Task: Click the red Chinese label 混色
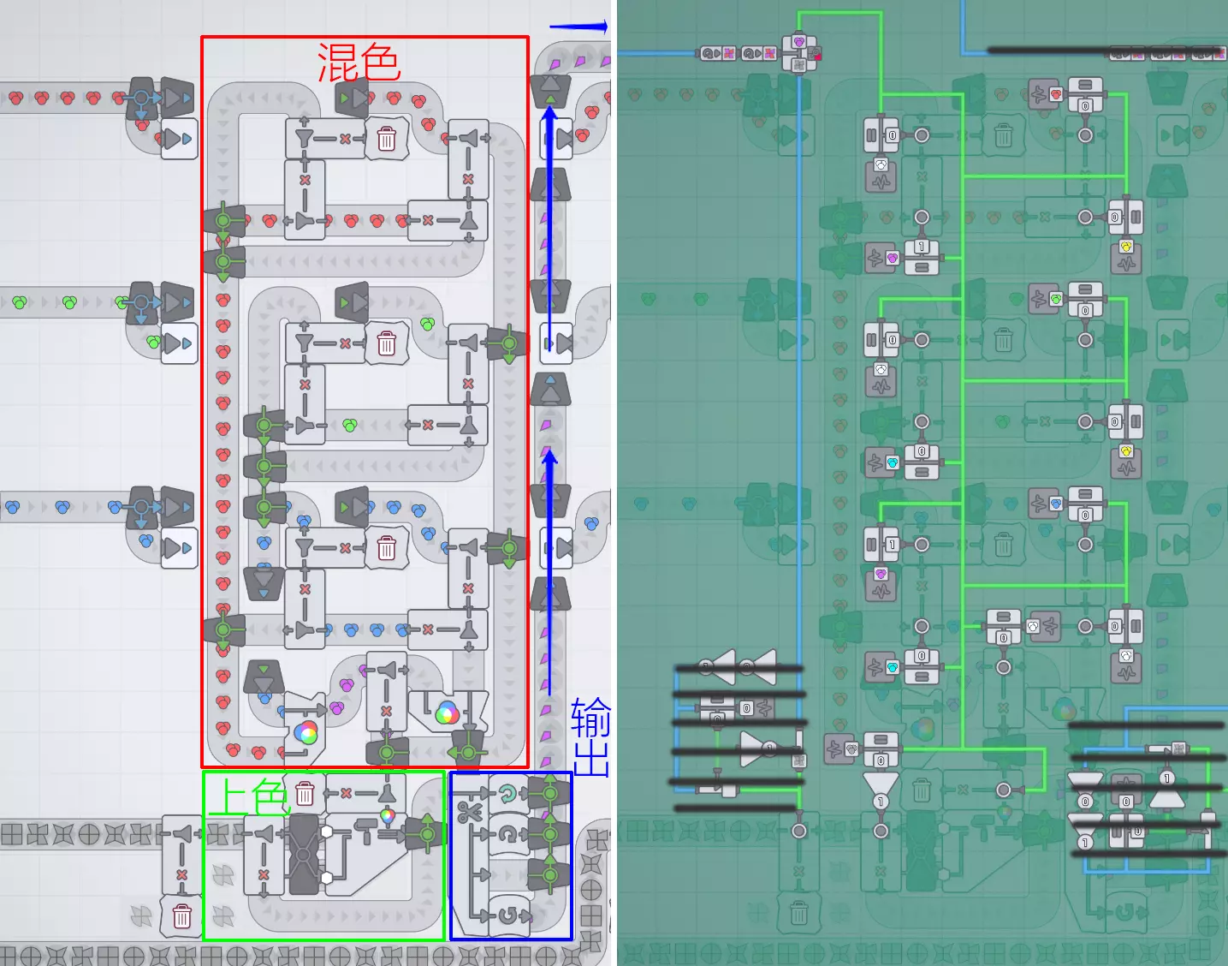(359, 63)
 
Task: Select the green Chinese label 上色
(249, 797)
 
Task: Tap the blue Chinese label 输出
(591, 736)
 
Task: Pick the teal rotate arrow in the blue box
(508, 793)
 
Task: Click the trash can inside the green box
(305, 793)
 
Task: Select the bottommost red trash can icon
(181, 916)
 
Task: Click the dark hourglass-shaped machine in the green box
(304, 854)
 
